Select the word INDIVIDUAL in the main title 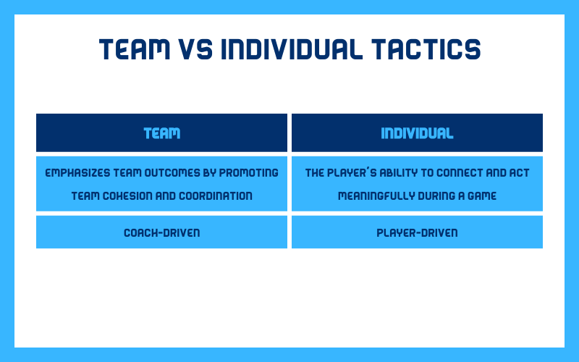292,49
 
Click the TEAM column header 161,133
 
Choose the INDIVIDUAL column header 418,133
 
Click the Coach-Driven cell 161,232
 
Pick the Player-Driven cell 418,232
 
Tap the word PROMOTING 248,173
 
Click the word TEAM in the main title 135,49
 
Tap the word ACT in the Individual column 519,173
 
